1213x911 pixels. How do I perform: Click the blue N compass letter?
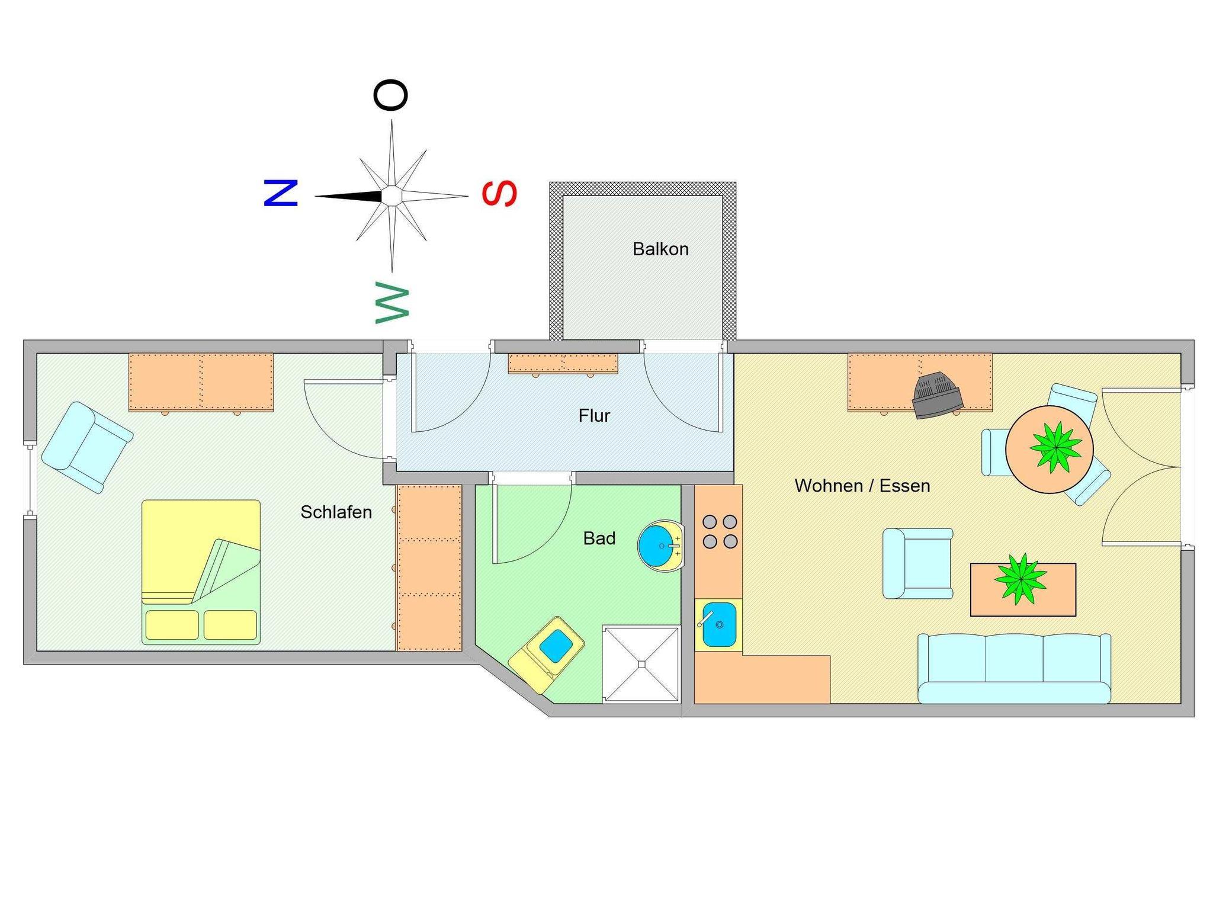click(x=280, y=193)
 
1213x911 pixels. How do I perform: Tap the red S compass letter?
click(x=500, y=194)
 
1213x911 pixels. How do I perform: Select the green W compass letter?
click(x=392, y=303)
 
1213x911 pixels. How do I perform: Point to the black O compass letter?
click(x=391, y=95)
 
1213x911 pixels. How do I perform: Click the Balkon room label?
click(x=660, y=249)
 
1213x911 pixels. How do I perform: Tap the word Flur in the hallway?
click(x=594, y=416)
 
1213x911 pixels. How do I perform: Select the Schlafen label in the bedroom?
click(x=336, y=512)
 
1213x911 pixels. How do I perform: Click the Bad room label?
click(x=599, y=538)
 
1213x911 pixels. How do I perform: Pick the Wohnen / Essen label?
click(x=862, y=486)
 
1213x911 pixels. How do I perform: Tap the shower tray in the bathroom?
click(x=641, y=664)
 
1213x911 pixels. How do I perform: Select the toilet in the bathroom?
click(x=548, y=653)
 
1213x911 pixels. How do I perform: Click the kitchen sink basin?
click(x=718, y=625)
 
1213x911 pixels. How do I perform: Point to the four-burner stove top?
click(x=720, y=532)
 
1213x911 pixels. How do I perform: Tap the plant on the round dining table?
click(x=1055, y=448)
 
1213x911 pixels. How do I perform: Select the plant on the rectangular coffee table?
click(x=1020, y=579)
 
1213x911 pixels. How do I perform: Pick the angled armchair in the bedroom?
click(x=87, y=447)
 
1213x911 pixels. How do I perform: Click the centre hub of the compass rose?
click(x=391, y=195)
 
